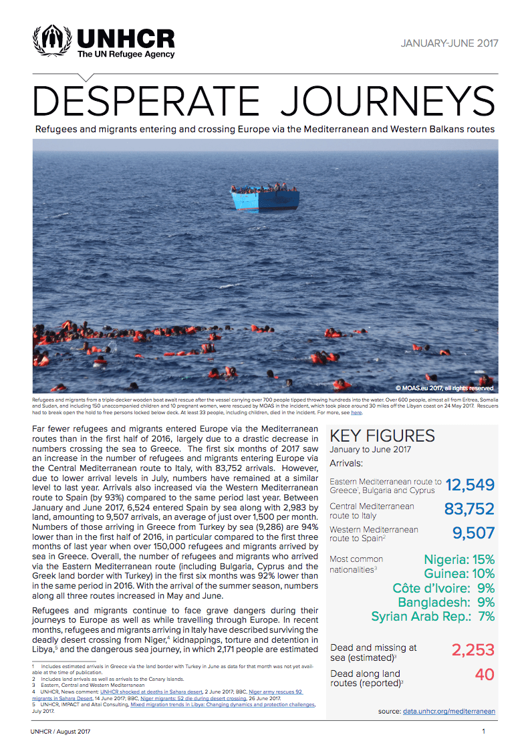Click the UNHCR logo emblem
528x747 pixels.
[51, 41]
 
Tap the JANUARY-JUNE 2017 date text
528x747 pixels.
[449, 44]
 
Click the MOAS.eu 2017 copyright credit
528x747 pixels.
[444, 388]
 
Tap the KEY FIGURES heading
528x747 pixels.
[382, 436]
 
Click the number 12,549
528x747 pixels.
[470, 485]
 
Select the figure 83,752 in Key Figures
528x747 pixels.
[469, 509]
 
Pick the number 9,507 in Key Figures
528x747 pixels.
[473, 533]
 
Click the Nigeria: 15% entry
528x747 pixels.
[459, 559]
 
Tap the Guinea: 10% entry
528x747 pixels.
[459, 573]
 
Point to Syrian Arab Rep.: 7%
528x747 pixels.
[432, 616]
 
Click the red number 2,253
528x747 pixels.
[472, 649]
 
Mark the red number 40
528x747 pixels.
[485, 674]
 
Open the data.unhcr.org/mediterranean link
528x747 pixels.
[449, 712]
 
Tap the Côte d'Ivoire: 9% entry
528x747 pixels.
[444, 588]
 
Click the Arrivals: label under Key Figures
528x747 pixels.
[347, 463]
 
